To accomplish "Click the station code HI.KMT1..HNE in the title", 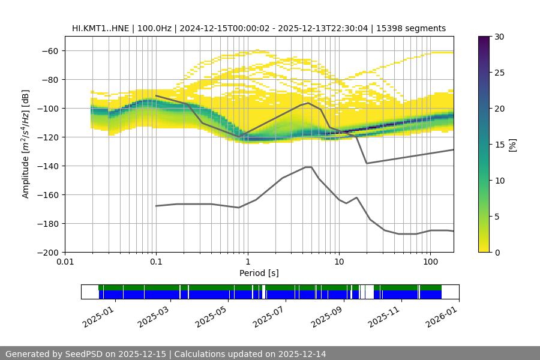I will coord(100,28).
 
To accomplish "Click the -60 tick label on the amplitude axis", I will coord(49,50).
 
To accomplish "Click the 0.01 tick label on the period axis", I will coord(65,262).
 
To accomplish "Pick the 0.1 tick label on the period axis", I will coord(156,262).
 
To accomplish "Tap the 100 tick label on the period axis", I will coord(430,262).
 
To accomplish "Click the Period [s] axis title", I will coord(259,273).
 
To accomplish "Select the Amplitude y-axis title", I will coord(26,144).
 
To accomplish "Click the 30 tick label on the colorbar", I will coord(499,37).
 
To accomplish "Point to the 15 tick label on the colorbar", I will coord(499,144).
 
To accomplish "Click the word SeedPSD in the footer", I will coord(82,354).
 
